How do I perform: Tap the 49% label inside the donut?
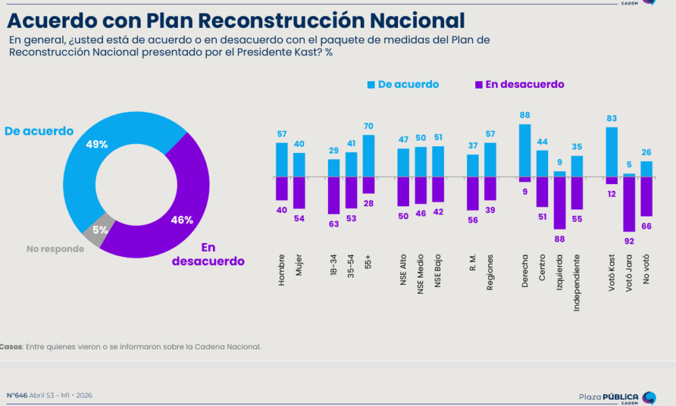tap(96, 144)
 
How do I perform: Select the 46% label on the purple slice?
tap(182, 220)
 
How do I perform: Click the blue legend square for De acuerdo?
tap(371, 85)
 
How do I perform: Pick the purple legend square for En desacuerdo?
tap(479, 85)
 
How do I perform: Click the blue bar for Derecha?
tap(525, 150)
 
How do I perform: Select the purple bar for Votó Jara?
tap(629, 204)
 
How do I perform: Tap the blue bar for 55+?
tap(368, 156)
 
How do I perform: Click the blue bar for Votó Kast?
tap(611, 152)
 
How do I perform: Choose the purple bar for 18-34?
tap(334, 196)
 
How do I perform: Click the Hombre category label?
tap(281, 270)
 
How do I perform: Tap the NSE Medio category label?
tap(420, 275)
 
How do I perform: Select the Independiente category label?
tap(577, 283)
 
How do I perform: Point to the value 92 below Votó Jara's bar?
tap(629, 240)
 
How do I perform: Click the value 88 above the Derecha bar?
tap(525, 116)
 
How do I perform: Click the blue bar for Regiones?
tap(490, 160)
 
